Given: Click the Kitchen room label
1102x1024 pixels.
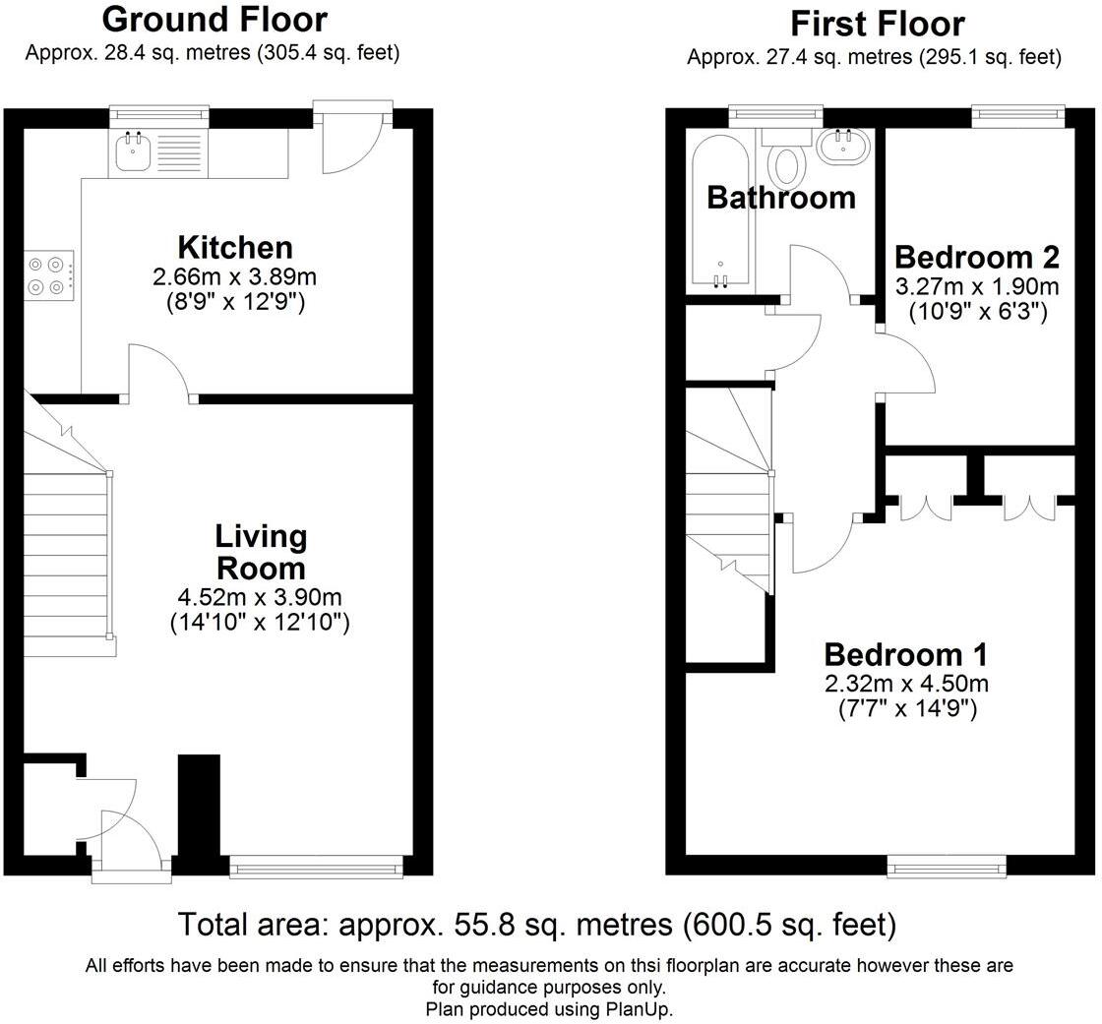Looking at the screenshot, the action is point(235,247).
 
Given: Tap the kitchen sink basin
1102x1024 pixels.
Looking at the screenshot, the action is point(133,152).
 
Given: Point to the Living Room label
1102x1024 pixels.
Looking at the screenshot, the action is point(261,553).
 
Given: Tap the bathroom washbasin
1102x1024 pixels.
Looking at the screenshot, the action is point(843,147).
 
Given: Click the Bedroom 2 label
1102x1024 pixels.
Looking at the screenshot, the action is point(977,258).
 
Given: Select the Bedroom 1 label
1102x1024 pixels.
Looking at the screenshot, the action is point(906,654).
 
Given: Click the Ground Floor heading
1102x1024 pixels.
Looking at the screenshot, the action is point(214,19).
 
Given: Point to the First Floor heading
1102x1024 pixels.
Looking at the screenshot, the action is point(877,24).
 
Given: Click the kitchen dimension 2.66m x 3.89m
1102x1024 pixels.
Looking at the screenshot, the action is point(235,277).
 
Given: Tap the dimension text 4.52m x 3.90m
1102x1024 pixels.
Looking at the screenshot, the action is point(260,597).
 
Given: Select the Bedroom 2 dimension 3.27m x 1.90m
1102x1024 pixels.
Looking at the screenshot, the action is point(977,287).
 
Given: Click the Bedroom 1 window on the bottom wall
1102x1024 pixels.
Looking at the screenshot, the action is point(946,866).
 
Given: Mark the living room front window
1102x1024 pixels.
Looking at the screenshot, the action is point(316,866).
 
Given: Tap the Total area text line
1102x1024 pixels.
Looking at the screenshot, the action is point(537,925).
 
